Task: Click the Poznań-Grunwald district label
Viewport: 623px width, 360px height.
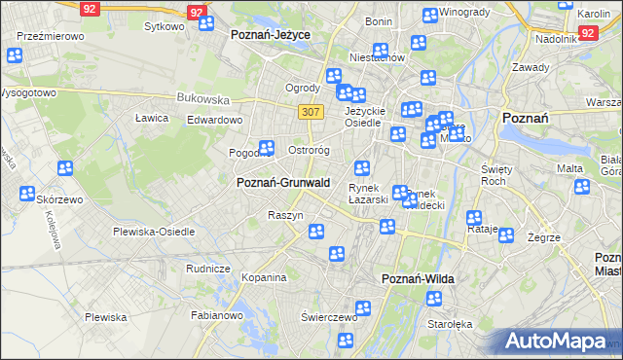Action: click(x=283, y=182)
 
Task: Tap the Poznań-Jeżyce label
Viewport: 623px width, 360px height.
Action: click(x=271, y=34)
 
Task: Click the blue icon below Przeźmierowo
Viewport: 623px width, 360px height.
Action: click(x=14, y=55)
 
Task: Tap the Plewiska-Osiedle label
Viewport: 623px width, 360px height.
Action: click(x=154, y=232)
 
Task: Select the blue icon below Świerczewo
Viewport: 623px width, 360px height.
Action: click(x=345, y=340)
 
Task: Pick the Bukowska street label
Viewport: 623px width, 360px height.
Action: click(x=202, y=98)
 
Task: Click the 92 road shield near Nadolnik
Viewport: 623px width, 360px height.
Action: click(x=587, y=32)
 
